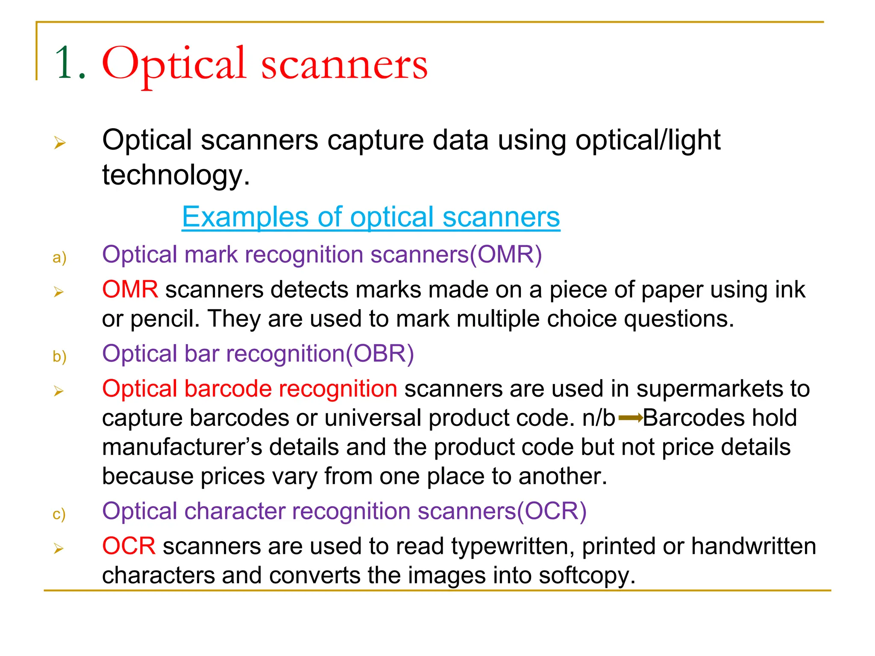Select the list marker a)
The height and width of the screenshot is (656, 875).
point(59,258)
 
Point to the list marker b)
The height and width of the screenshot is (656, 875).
point(59,357)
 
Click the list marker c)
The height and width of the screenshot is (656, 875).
point(59,514)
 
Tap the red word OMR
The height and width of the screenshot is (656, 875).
point(130,290)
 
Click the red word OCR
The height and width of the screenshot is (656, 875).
point(129,546)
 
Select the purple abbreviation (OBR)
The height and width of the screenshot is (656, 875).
point(380,354)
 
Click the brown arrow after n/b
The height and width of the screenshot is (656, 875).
point(631,418)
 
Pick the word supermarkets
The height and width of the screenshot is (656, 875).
point(710,389)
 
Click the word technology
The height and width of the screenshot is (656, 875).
point(175,175)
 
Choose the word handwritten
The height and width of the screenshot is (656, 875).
point(754,546)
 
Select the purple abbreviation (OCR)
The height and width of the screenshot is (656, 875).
point(552,511)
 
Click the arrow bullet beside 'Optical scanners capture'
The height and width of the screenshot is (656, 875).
point(60,143)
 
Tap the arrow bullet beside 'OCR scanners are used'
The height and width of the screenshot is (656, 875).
point(59,548)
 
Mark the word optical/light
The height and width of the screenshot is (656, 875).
point(648,140)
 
